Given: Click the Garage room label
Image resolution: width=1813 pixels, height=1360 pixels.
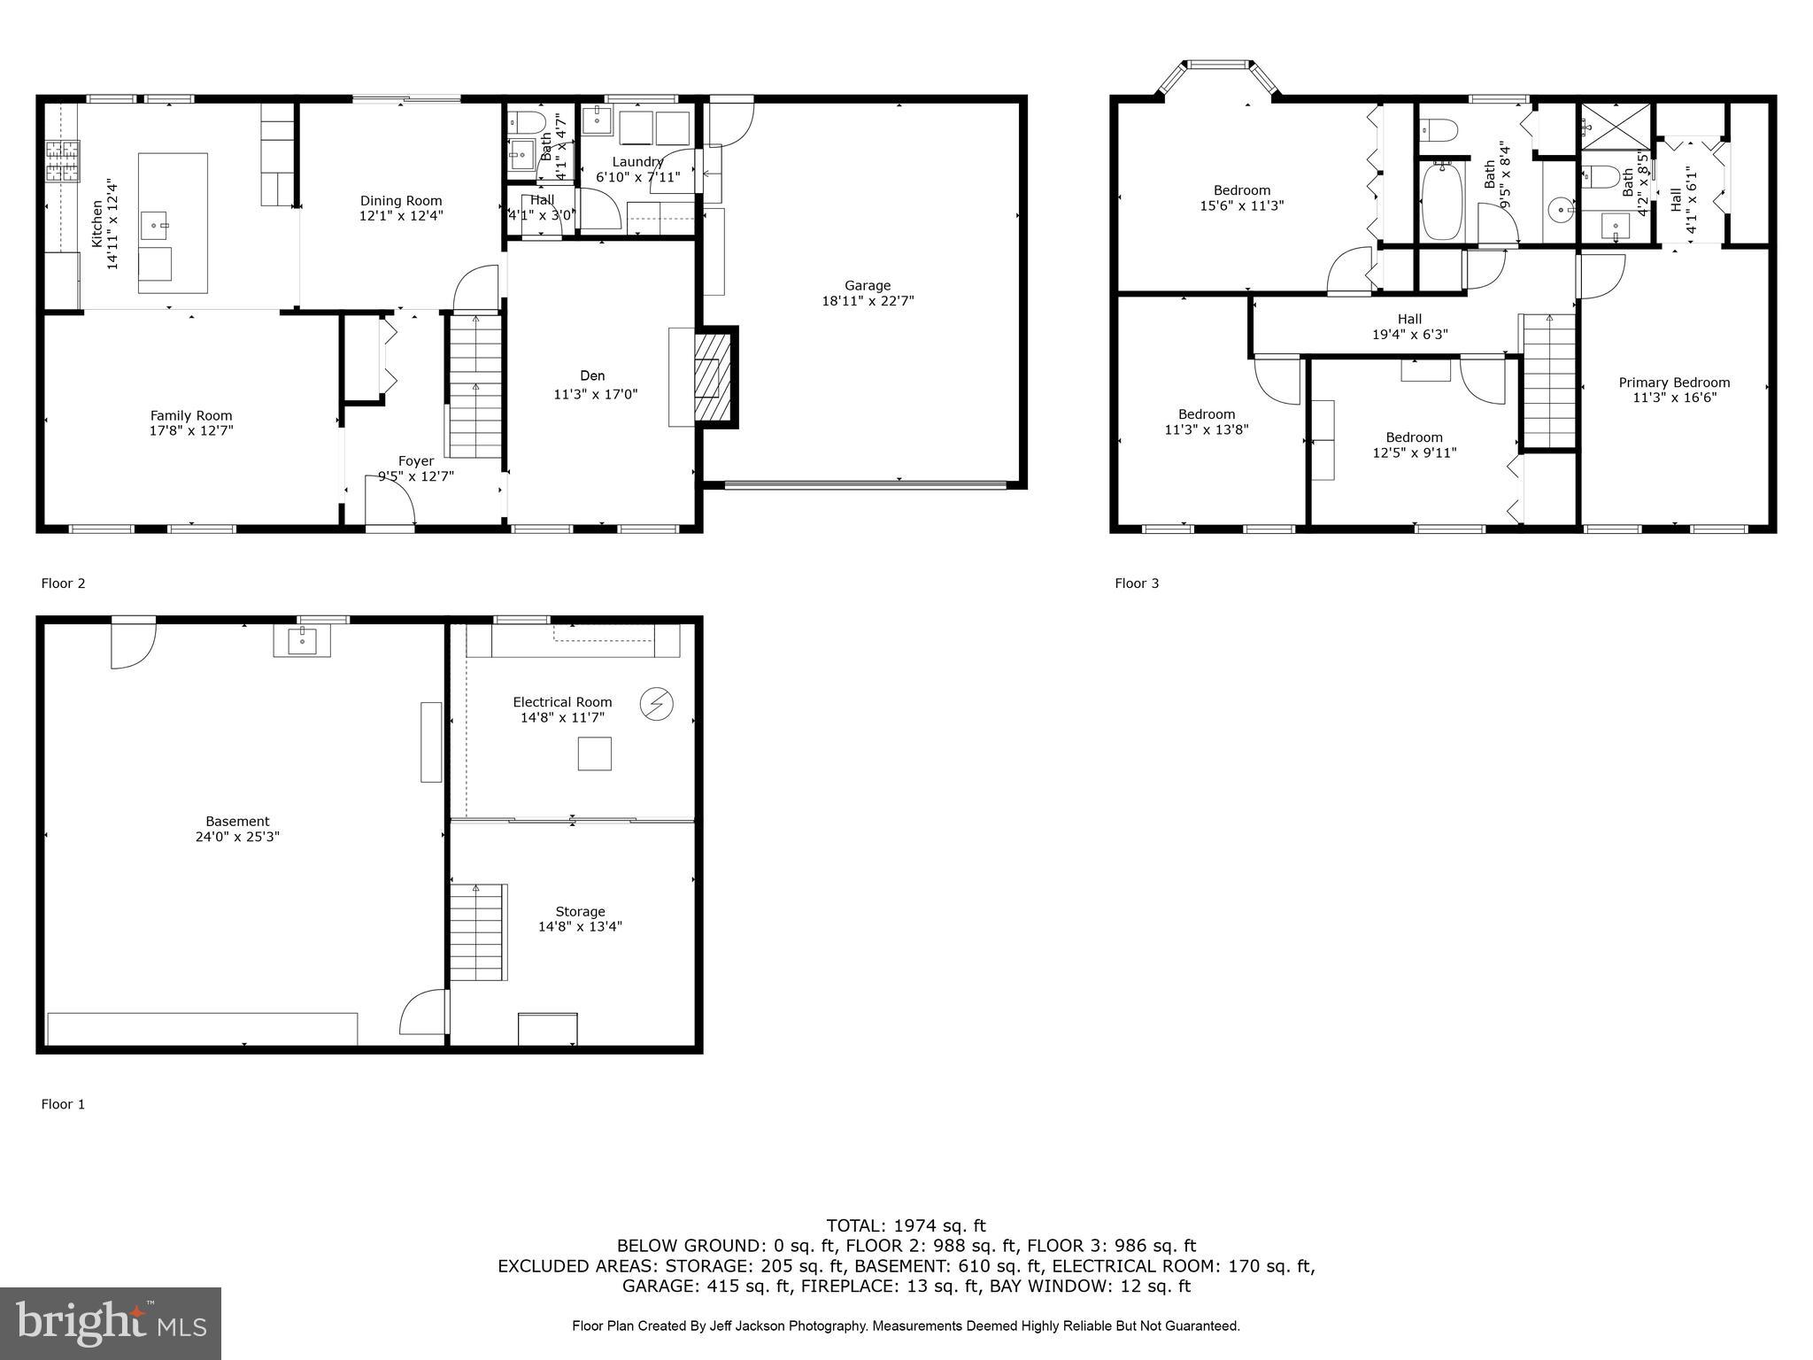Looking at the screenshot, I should tap(867, 285).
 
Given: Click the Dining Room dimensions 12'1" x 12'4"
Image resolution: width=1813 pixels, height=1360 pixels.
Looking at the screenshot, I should tap(401, 215).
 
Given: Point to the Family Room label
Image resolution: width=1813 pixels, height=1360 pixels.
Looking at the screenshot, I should tap(191, 415).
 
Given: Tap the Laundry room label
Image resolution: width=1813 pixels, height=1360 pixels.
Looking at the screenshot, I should tap(637, 162).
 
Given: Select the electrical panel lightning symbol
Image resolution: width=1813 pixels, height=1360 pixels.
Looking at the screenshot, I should tap(657, 704).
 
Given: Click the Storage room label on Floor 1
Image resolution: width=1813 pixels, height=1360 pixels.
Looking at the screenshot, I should tap(580, 911).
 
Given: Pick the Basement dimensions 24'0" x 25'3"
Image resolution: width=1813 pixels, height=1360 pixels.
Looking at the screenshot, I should tap(237, 836).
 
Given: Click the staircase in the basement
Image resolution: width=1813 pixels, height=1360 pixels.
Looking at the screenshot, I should tap(478, 932).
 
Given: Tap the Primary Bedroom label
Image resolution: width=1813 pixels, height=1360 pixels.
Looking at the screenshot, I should tap(1674, 382).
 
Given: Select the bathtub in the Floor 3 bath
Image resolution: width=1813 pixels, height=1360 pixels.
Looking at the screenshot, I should tap(1441, 201).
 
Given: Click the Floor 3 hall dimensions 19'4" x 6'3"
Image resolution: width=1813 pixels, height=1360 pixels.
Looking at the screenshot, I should tap(1409, 334).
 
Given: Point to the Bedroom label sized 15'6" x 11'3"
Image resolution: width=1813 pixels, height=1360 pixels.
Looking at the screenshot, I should tap(1241, 190).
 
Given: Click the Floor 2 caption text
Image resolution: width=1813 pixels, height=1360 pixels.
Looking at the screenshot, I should tap(63, 583).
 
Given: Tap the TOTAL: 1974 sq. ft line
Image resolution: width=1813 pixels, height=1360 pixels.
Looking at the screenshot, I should tap(906, 1225).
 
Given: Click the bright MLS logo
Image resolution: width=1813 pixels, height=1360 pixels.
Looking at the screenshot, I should tap(111, 1323).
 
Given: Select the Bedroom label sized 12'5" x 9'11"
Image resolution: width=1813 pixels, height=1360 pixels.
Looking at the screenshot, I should tap(1414, 437).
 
